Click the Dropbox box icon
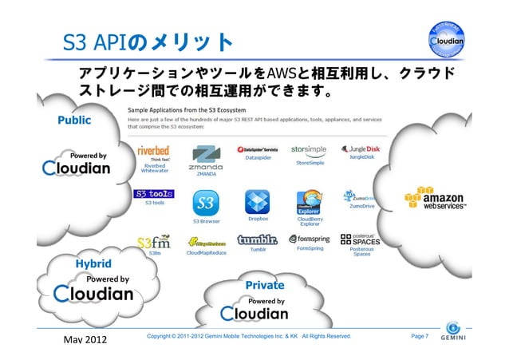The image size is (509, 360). [257, 201]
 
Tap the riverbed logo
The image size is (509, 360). [152, 151]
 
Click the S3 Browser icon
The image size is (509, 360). [206, 203]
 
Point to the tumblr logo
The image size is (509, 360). [258, 239]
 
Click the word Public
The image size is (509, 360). [73, 120]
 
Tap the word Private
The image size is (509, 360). [265, 285]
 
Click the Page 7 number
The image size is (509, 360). [420, 336]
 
